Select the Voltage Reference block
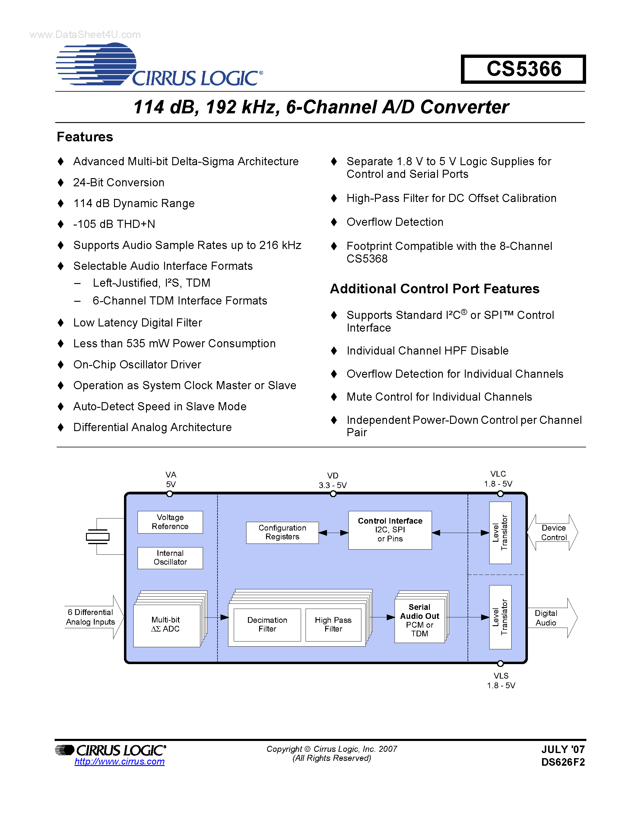click(170, 522)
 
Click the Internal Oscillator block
click(170, 558)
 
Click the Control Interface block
click(390, 530)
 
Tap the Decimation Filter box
click(267, 624)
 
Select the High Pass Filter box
click(333, 624)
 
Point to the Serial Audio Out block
click(419, 620)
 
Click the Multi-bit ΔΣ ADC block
click(166, 624)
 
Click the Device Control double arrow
click(553, 533)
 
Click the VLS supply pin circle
click(500, 664)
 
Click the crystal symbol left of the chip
click(98, 536)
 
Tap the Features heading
click(85, 137)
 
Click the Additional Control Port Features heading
click(434, 289)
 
